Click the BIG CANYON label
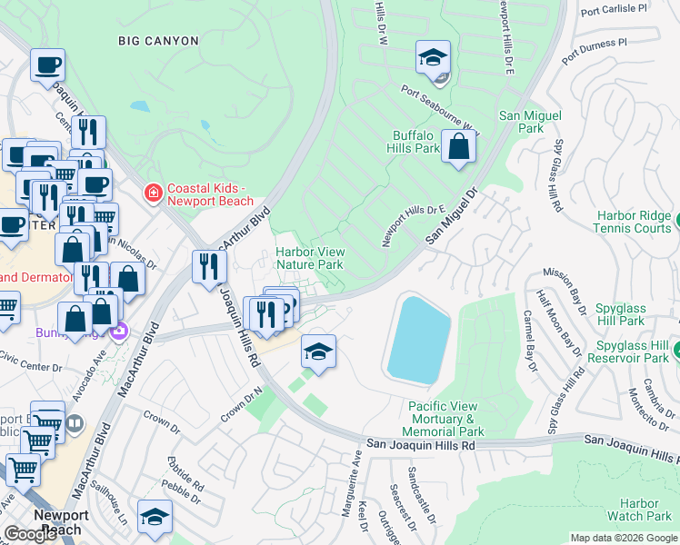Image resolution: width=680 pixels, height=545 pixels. click(x=159, y=40)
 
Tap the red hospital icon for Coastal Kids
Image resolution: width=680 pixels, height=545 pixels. click(x=153, y=193)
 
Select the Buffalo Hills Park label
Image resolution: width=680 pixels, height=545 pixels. click(x=415, y=142)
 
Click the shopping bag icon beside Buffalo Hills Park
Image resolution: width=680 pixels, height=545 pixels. click(x=459, y=147)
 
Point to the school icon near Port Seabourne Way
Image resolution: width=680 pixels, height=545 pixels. click(x=434, y=59)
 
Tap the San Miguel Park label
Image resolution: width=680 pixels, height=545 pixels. click(x=531, y=123)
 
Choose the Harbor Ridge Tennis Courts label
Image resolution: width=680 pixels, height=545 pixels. click(x=635, y=223)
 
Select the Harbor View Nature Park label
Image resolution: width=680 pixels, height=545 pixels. click(x=309, y=258)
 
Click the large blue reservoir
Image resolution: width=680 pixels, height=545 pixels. click(x=419, y=337)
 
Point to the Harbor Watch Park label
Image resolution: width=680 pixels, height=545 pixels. click(x=639, y=510)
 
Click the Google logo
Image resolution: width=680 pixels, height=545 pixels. click(x=31, y=534)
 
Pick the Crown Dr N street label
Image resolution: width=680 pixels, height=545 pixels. click(x=241, y=405)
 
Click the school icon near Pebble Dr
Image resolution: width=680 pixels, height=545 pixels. click(x=155, y=519)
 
